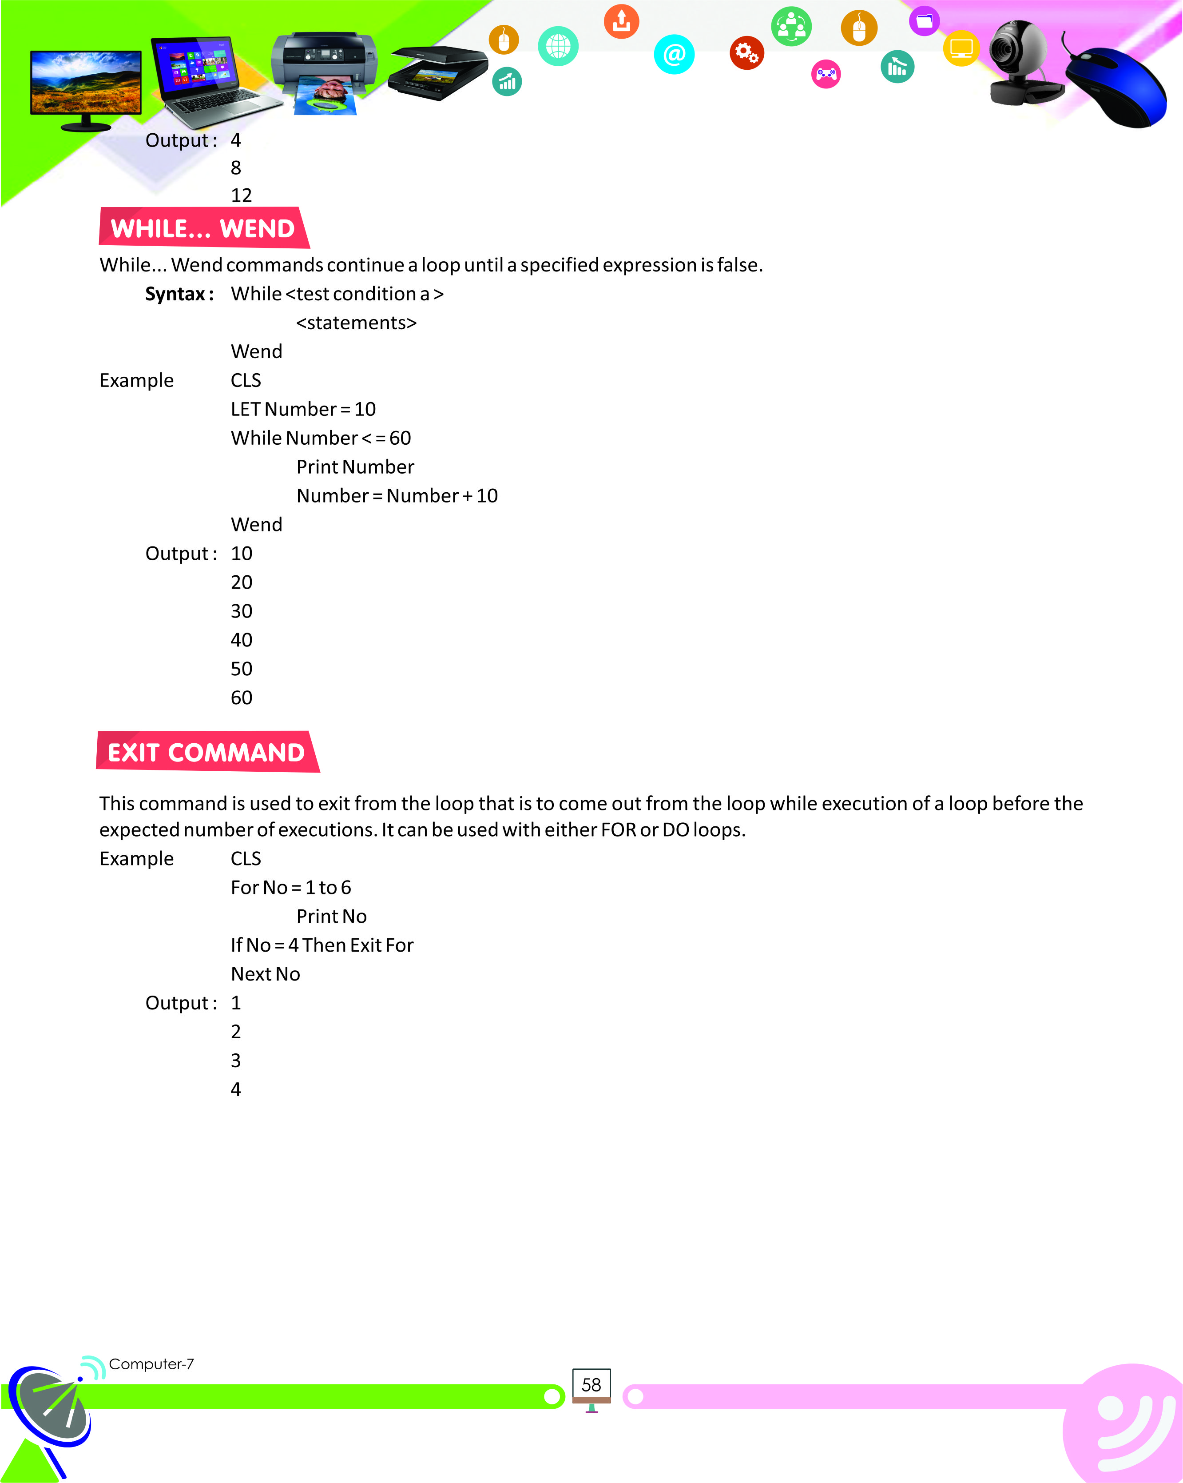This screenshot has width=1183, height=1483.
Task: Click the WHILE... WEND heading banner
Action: pos(203,228)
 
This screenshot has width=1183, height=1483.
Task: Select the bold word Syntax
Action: pos(176,295)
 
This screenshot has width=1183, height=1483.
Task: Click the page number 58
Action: pos(591,1385)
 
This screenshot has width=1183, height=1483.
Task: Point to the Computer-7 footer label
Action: pos(151,1364)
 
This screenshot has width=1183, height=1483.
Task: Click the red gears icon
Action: pos(746,52)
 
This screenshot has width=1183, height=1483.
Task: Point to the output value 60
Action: pos(241,698)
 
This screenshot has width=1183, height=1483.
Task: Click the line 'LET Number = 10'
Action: pos(303,409)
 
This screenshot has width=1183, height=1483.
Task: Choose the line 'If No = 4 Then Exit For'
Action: pos(322,945)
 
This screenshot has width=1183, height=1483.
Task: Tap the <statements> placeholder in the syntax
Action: pos(356,323)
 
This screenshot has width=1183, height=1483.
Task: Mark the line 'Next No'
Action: pos(266,974)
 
